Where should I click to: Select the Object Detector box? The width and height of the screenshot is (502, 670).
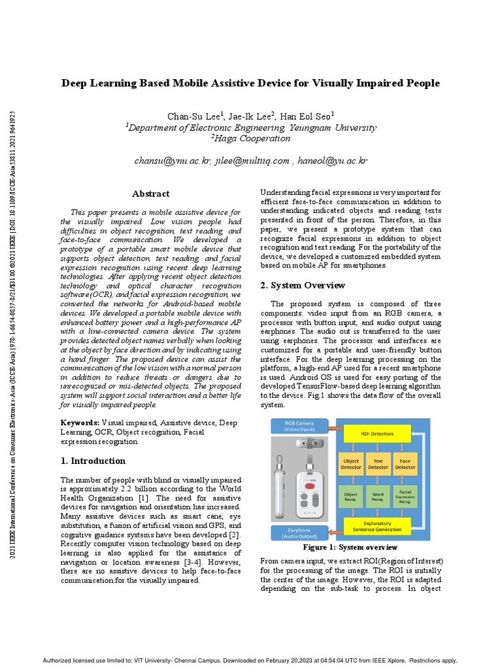point(351,463)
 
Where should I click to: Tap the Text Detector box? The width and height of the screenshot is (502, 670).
point(378,463)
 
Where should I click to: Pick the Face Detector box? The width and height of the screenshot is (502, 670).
point(405,463)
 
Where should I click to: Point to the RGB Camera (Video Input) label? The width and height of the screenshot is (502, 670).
point(298,427)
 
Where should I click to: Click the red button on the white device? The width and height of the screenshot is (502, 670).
point(313,485)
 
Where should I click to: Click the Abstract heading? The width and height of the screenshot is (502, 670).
point(150,194)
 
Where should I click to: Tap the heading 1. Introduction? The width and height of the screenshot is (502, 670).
point(93,461)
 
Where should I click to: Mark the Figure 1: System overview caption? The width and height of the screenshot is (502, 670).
point(350,547)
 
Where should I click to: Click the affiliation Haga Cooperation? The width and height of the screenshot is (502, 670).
point(250,138)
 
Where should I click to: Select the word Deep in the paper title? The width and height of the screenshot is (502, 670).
point(75,83)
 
